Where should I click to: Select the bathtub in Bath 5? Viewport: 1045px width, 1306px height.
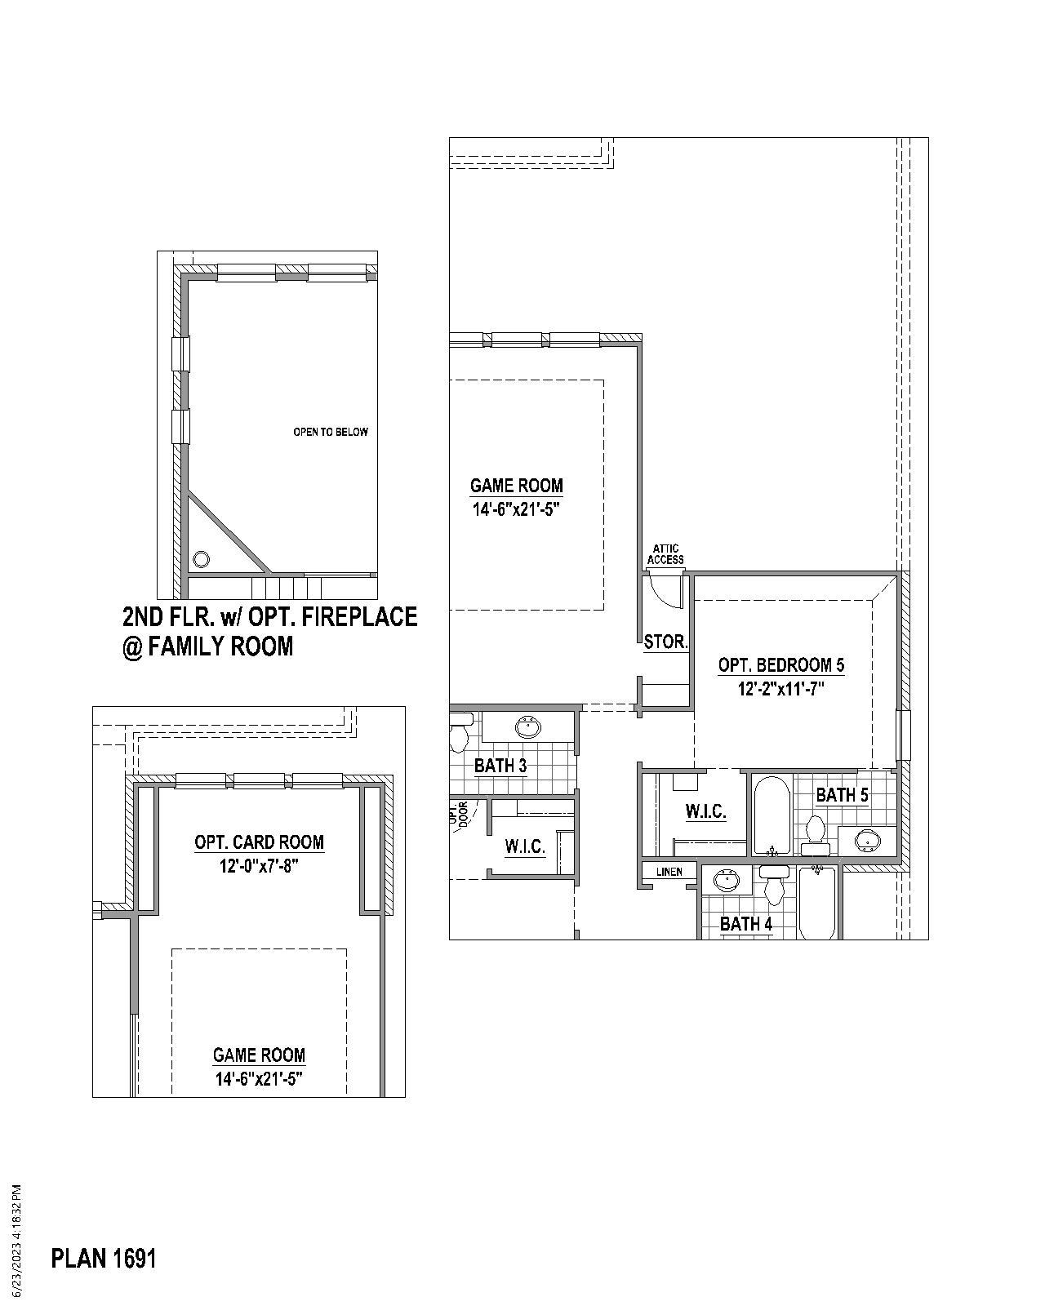coord(771,816)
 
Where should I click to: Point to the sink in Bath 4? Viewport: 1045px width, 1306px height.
coord(727,881)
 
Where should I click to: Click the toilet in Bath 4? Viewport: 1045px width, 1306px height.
coord(773,885)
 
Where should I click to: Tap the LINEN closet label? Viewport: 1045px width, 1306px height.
coord(669,872)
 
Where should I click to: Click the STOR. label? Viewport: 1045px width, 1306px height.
coord(665,642)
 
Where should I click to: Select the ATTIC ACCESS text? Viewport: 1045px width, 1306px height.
coord(665,554)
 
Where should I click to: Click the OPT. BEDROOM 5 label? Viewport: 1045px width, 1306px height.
coord(781,664)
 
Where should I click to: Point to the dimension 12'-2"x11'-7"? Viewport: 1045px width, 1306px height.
coord(781,688)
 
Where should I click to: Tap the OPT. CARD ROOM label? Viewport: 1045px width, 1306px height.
coord(259,842)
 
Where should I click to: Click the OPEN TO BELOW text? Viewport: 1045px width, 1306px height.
coord(331,432)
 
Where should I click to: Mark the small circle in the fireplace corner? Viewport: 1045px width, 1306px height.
coord(201,560)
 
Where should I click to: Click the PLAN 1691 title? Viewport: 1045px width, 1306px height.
coord(104,1258)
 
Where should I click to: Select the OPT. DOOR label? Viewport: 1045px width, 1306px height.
coord(459,814)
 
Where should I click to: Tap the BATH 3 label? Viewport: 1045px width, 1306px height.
coord(500,766)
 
